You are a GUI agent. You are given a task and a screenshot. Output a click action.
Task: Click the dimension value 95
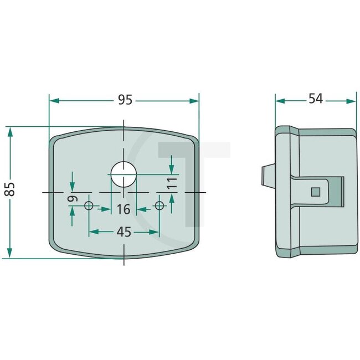tap(125, 100)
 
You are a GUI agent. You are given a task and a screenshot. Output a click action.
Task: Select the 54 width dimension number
tap(316, 100)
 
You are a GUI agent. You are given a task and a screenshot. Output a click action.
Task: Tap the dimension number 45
tap(125, 232)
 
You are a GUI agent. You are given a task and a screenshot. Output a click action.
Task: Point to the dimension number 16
tap(124, 209)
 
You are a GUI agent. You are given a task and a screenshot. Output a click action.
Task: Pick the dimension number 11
tap(172, 183)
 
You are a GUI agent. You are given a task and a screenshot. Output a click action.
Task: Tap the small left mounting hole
tap(89, 206)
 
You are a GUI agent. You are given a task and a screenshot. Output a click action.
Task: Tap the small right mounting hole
tap(160, 206)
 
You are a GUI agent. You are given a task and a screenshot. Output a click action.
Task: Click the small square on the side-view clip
tap(316, 192)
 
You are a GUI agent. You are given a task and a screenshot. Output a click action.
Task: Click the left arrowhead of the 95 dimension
tap(54, 100)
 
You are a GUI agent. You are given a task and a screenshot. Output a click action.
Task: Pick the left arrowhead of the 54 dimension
tap(280, 101)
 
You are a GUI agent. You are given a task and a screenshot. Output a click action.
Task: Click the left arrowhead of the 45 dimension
tap(92, 232)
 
